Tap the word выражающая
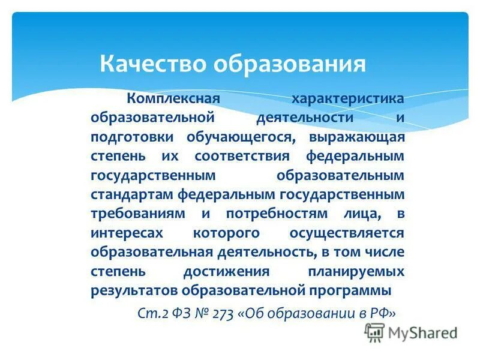tap(357, 137)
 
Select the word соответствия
tap(242, 156)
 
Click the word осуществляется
tap(347, 233)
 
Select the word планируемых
tap(356, 271)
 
